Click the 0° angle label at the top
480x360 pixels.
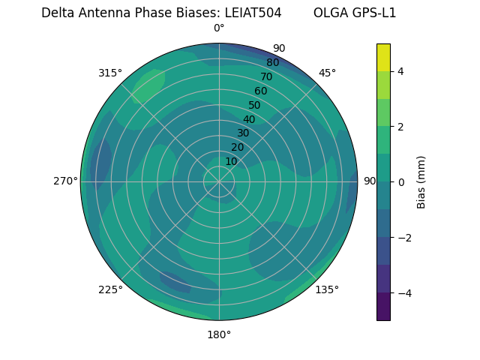tap(219, 28)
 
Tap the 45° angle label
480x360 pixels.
tap(327, 73)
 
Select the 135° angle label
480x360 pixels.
tap(327, 289)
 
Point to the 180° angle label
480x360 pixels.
tap(219, 334)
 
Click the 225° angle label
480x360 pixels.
tap(110, 290)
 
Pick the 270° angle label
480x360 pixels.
tap(65, 181)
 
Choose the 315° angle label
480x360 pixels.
tap(110, 73)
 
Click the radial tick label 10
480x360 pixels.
tap(231, 161)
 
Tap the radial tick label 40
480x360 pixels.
tap(249, 119)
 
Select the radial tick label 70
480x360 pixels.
tap(267, 76)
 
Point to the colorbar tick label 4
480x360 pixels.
tap(401, 71)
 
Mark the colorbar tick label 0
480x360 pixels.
tap(401, 181)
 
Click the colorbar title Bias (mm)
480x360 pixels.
tap(421, 181)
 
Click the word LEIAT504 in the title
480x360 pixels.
tap(253, 13)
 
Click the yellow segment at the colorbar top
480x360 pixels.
tap(383, 57)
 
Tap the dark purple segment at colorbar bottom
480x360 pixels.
tap(383, 306)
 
